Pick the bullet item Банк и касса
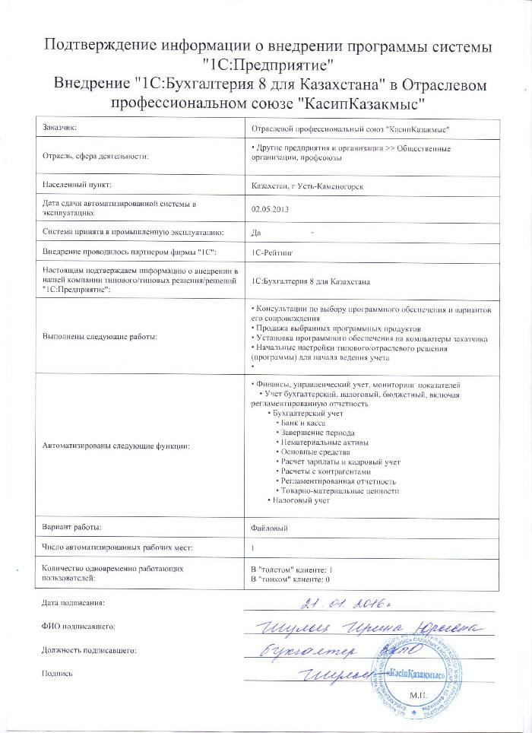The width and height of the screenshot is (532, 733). pos(303,421)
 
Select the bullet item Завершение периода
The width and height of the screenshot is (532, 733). pos(315,431)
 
